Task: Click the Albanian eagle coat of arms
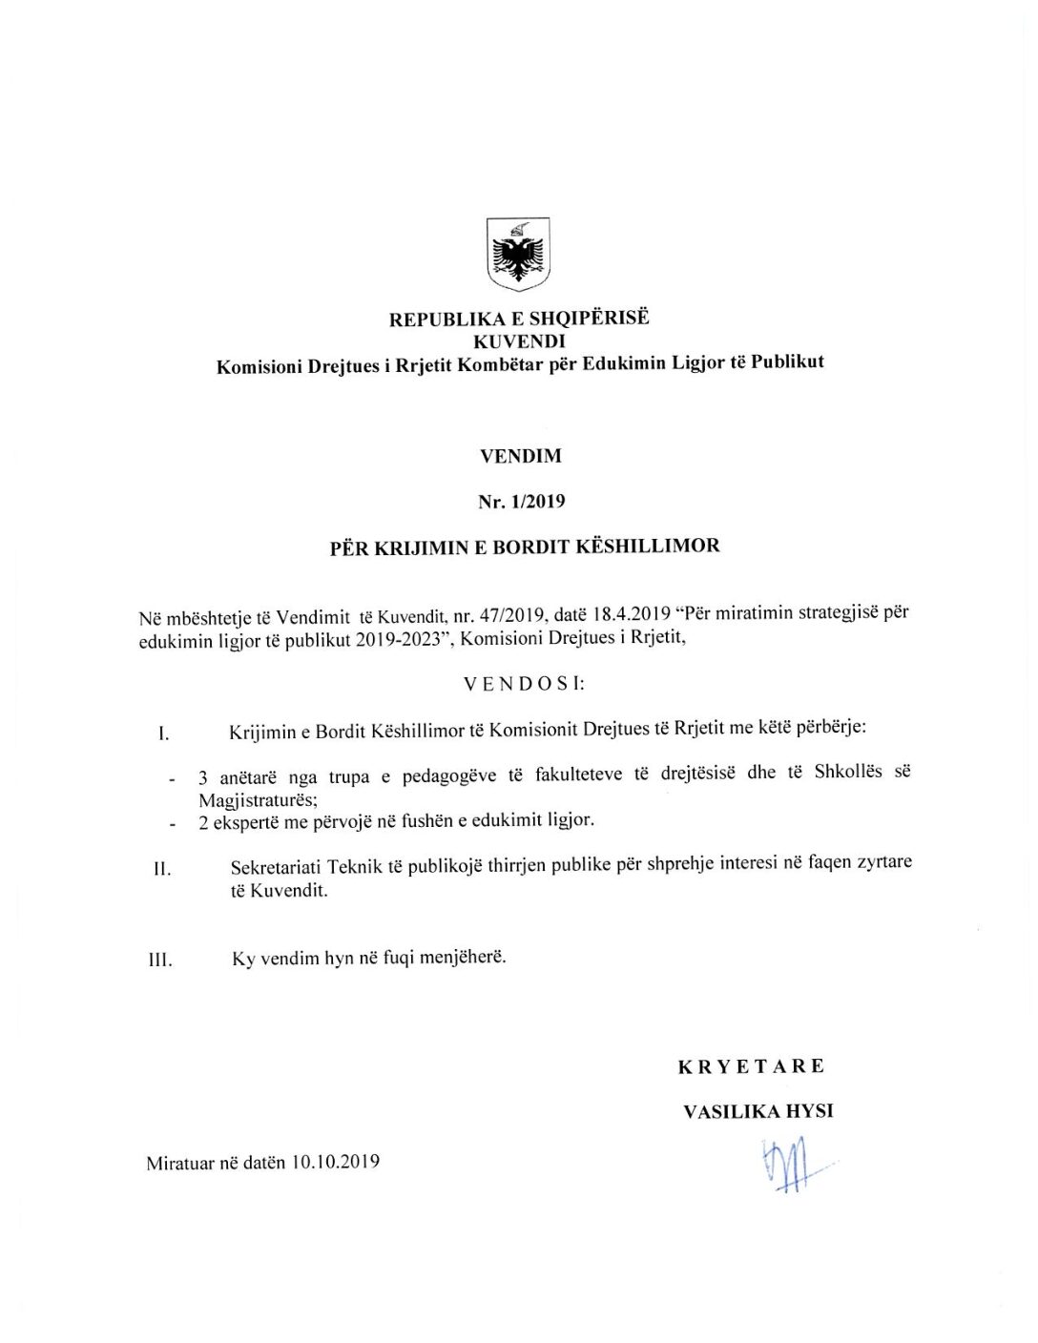coord(518,254)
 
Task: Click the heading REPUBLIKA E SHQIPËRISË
coord(518,319)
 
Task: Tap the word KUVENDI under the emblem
coord(519,341)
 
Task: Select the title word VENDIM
coord(520,456)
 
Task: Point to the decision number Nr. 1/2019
coord(521,502)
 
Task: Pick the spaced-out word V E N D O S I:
coord(524,684)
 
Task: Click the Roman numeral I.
coord(164,734)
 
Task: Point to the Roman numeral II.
coord(162,870)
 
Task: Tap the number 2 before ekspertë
coord(203,823)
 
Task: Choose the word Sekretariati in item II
coord(276,868)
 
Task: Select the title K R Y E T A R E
coord(751,1066)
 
